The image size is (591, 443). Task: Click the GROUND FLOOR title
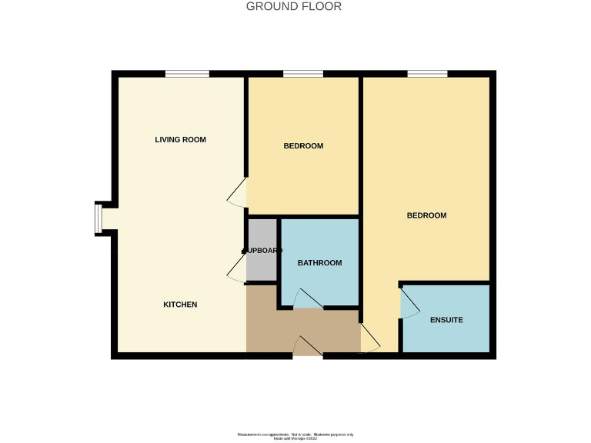(x=294, y=7)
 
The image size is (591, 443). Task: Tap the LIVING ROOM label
(x=180, y=140)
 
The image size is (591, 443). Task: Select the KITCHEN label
(x=180, y=305)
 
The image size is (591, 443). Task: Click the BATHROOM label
(x=319, y=263)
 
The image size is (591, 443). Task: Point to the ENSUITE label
(x=446, y=319)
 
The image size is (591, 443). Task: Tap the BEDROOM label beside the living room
(x=303, y=146)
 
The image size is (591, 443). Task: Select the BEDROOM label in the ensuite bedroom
(x=426, y=215)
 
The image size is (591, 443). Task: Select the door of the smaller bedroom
(x=238, y=192)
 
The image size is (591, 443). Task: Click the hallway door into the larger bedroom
(x=369, y=339)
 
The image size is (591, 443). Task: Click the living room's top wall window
(x=187, y=74)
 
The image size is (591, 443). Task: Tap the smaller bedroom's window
(x=303, y=74)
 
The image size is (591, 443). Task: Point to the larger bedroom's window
(x=427, y=74)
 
